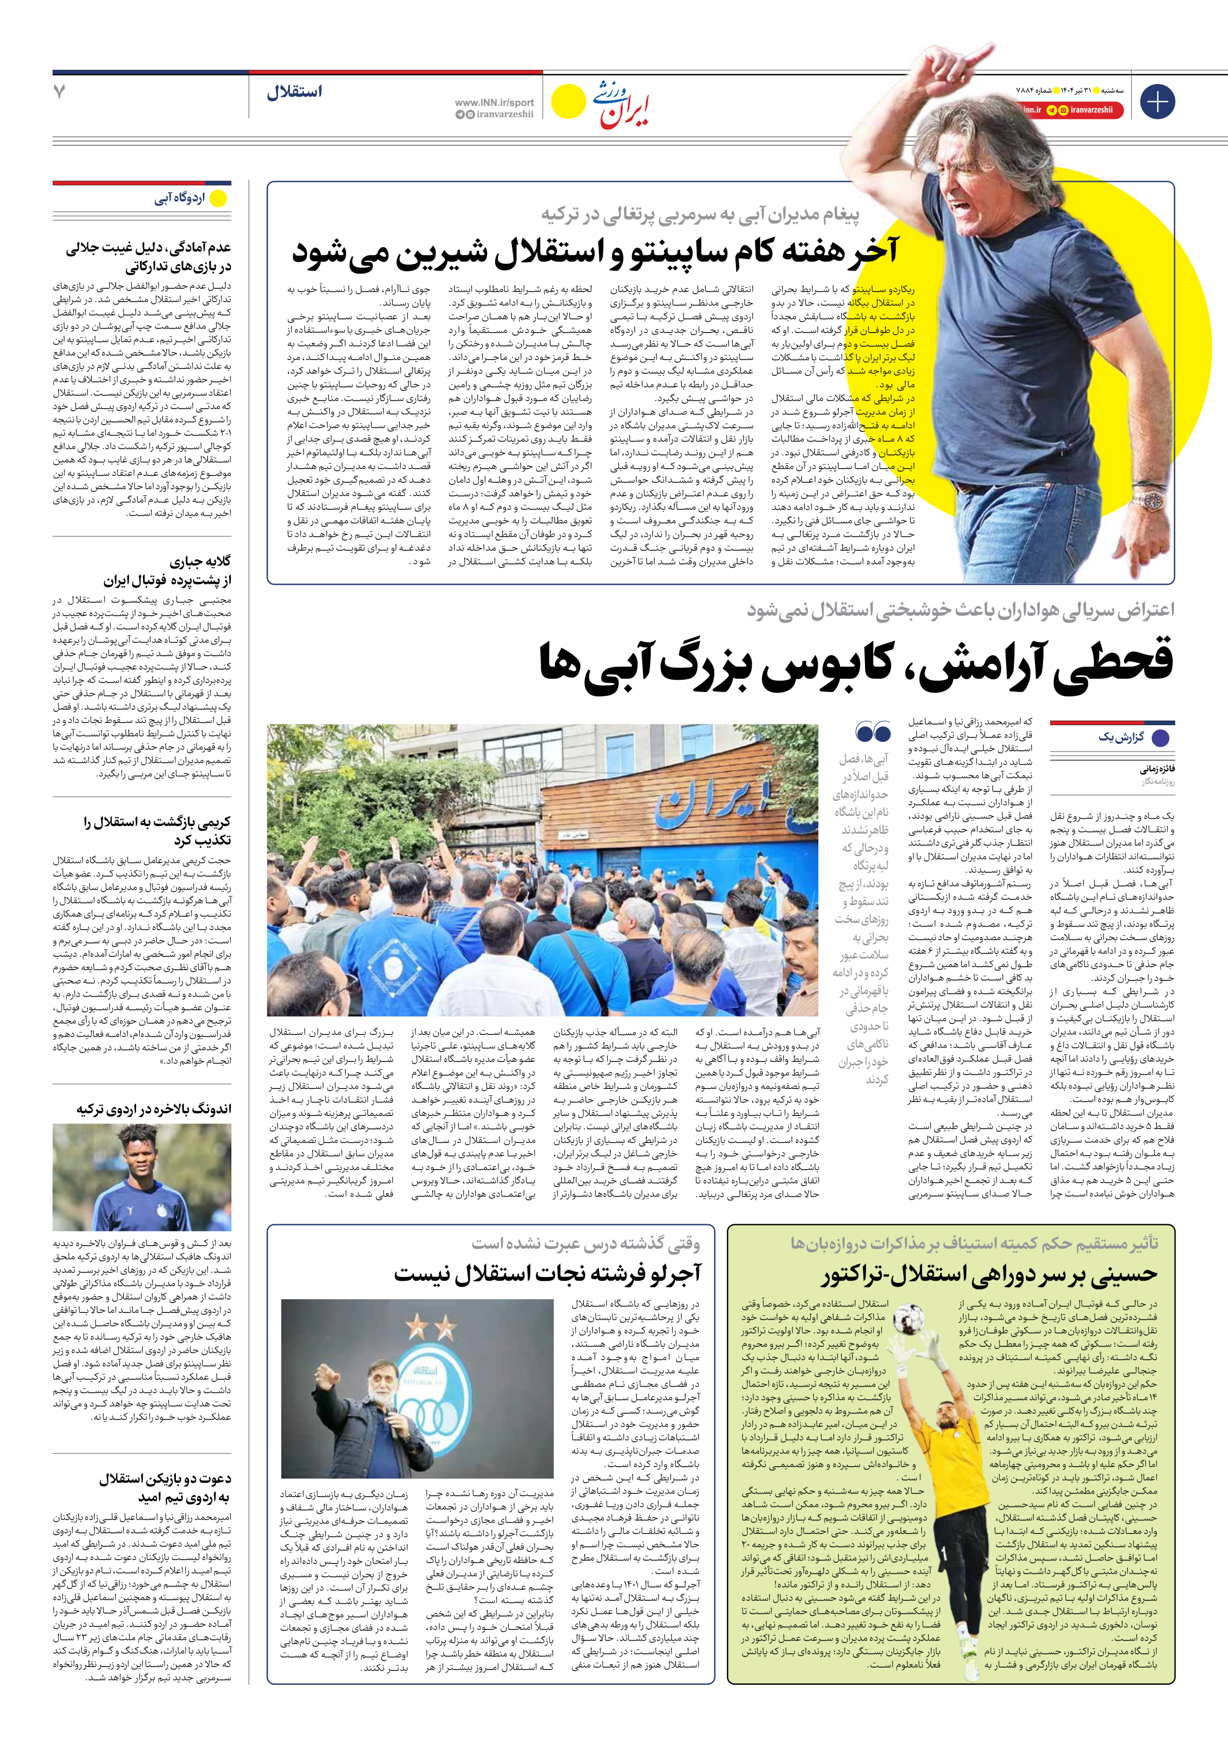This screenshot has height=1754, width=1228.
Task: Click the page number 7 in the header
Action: point(59,92)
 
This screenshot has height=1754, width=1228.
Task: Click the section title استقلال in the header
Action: point(294,92)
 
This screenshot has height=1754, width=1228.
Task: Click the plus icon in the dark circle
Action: point(1157,102)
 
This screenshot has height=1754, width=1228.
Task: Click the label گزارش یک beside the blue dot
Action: point(1121,737)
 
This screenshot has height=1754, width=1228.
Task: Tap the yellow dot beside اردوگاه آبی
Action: point(219,198)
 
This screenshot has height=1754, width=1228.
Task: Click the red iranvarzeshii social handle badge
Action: point(1085,110)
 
